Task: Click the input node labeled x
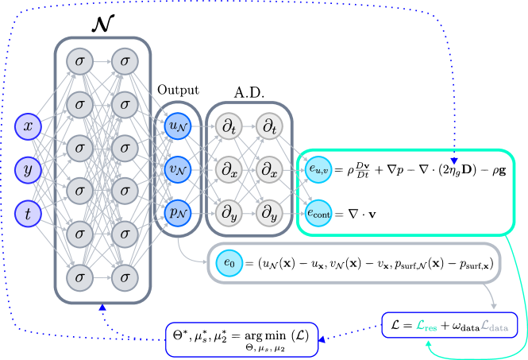pyautogui.click(x=28, y=126)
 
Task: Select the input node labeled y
pyautogui.click(x=28, y=169)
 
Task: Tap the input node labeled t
pyautogui.click(x=28, y=213)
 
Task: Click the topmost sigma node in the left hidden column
pyautogui.click(x=79, y=60)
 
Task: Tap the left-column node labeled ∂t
pyautogui.click(x=227, y=126)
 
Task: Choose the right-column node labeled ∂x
pyautogui.click(x=269, y=169)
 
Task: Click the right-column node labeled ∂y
pyautogui.click(x=269, y=212)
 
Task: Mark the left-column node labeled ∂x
pyautogui.click(x=227, y=169)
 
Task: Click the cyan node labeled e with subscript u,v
pyautogui.click(x=319, y=168)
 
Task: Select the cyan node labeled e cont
pyautogui.click(x=319, y=212)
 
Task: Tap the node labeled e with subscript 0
pyautogui.click(x=229, y=263)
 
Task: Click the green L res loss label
pyautogui.click(x=426, y=325)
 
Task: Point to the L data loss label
pyautogui.click(x=495, y=325)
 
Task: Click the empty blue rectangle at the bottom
pyautogui.click(x=241, y=339)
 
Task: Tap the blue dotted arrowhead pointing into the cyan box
pyautogui.click(x=454, y=161)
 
